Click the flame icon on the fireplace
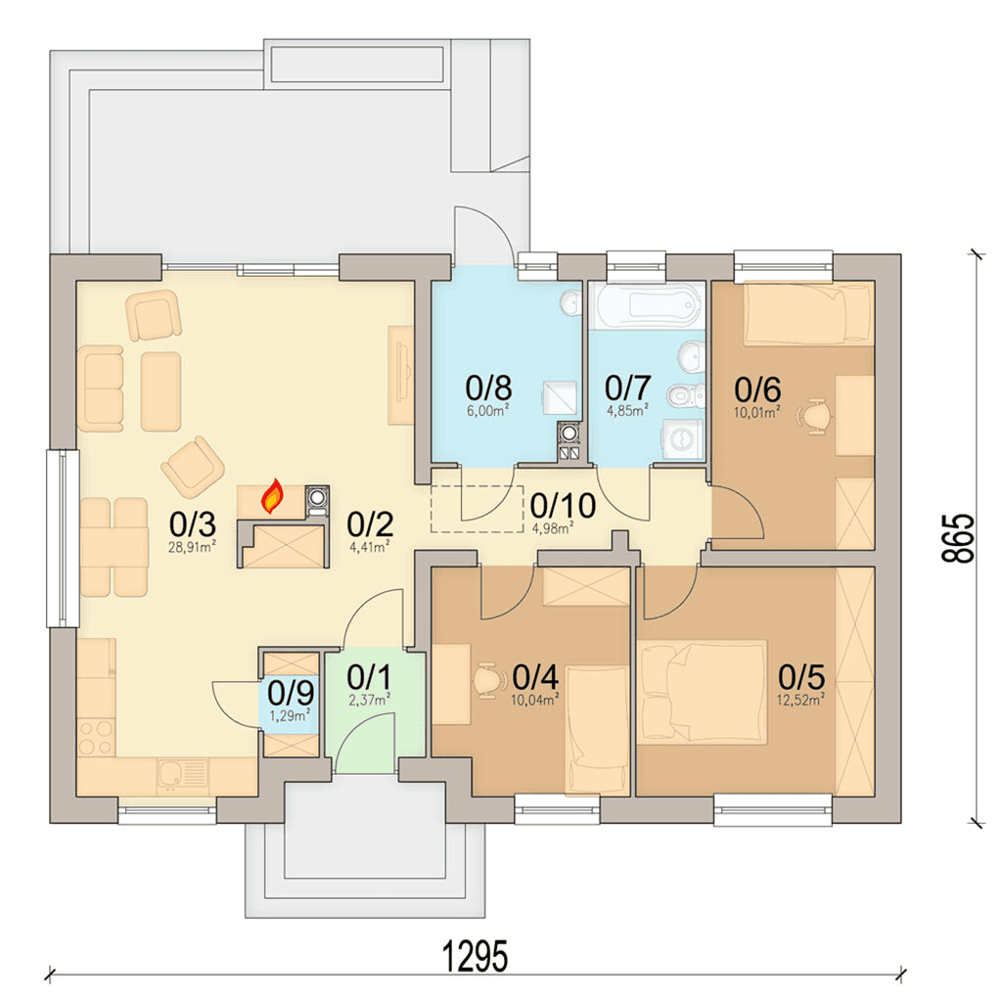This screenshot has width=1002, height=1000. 273,496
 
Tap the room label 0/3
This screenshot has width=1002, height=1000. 193,524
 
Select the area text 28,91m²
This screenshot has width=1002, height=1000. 192,546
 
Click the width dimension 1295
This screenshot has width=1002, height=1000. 476,957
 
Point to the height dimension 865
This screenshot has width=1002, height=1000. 959,538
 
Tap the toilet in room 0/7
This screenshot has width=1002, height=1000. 686,396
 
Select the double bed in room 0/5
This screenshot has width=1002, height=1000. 703,692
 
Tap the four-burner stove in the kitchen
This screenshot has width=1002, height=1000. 97,738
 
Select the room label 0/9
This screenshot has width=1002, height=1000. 291,692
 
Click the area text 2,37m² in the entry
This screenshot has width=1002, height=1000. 369,701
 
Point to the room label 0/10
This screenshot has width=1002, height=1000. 563,506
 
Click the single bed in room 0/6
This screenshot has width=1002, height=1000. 808,314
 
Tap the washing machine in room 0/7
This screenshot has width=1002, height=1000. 683,439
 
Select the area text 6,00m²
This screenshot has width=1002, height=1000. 488,410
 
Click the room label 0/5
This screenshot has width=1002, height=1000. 801,677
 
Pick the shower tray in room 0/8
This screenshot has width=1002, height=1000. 560,398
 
